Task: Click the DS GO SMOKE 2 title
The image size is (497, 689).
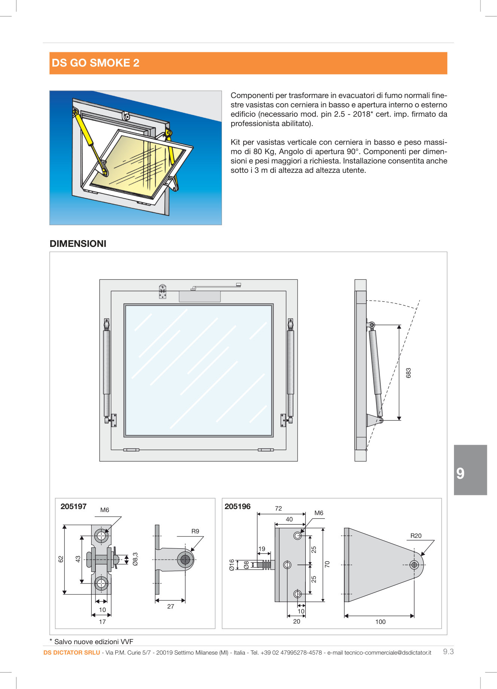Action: [x=95, y=63]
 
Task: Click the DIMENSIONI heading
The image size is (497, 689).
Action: [x=78, y=244]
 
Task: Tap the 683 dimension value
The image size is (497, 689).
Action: [x=408, y=373]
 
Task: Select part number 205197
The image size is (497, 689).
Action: [x=73, y=506]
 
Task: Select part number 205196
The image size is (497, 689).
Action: [x=237, y=506]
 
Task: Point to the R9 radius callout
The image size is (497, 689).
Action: [x=195, y=531]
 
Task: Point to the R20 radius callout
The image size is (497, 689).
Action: [x=415, y=536]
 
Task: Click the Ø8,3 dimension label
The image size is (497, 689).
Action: [x=135, y=559]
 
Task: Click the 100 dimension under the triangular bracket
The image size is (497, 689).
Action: [x=380, y=622]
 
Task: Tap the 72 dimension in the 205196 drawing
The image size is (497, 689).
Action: [x=278, y=508]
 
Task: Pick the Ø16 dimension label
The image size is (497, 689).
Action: [x=232, y=564]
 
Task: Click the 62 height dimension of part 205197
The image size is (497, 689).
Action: [x=61, y=559]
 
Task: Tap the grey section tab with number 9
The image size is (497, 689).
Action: [x=470, y=470]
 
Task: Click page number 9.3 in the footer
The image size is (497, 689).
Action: [x=448, y=652]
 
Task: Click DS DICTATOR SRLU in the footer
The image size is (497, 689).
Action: [x=71, y=653]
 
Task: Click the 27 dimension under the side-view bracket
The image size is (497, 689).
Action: [x=170, y=606]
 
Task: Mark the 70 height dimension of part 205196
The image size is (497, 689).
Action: [x=327, y=564]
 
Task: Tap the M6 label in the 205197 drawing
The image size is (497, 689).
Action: [x=104, y=510]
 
